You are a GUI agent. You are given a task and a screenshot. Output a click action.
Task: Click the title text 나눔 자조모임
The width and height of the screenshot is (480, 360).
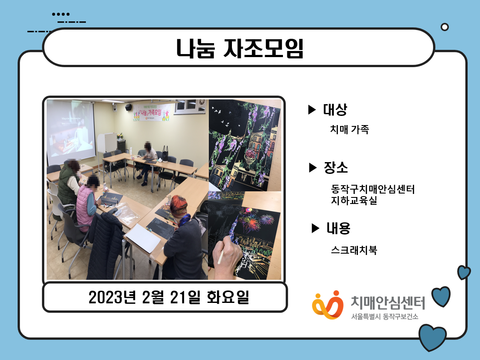pos(240,48)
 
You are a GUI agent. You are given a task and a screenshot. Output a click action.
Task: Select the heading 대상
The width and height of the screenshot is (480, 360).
pos(335,109)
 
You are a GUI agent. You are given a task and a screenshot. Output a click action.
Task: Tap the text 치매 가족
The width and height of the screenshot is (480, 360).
pos(350,129)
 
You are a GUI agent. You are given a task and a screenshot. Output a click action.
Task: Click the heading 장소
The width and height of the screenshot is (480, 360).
pos(336,167)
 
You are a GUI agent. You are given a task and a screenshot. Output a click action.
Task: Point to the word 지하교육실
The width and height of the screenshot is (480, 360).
pos(354,201)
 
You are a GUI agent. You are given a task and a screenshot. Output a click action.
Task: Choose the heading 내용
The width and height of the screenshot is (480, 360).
pos(338,228)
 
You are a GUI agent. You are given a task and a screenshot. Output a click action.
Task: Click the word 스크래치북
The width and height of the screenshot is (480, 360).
pos(354,250)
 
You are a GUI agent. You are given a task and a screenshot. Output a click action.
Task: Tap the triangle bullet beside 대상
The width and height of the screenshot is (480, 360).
pos(312,109)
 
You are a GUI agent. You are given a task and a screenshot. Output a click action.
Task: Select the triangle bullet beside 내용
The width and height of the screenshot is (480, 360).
pos(315,228)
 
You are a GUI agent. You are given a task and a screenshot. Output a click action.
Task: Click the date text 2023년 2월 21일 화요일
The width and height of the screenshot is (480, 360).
pos(169,297)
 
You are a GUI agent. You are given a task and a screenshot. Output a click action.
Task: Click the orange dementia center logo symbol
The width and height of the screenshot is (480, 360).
pos(327,305)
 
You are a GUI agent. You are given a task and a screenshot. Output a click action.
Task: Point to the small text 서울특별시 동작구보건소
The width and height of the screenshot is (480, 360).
pos(385,316)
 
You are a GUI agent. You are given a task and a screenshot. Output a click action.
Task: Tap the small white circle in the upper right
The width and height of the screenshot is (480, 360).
pos(445,27)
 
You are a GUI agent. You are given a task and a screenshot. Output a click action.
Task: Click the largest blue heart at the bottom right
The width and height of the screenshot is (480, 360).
pos(432,337)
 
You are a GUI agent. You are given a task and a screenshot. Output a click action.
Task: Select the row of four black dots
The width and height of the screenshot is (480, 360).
pos(61,14)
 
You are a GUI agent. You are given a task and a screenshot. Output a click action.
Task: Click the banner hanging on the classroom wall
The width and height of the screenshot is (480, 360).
pos(152,112)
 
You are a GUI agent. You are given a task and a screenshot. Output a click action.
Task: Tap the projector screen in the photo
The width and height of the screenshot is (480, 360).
pos(71,131)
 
